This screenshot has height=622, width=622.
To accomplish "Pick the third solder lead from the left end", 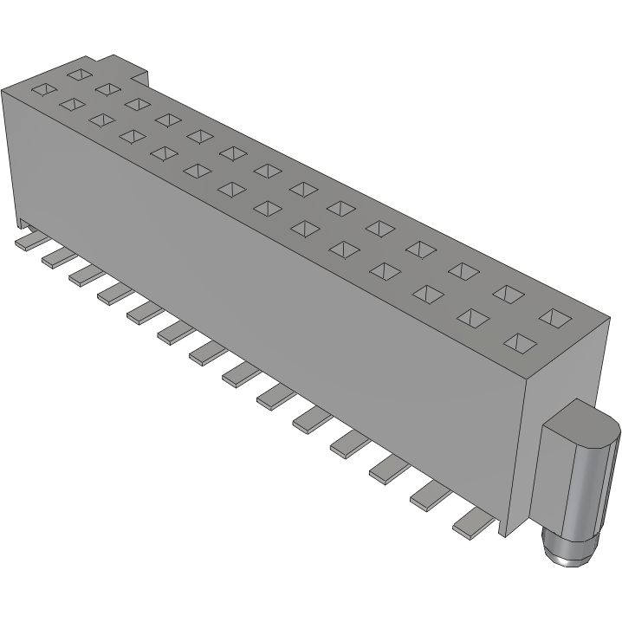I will (x=83, y=273).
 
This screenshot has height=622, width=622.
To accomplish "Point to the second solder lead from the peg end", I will (x=428, y=496).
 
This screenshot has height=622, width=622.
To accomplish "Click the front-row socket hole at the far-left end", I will (x=41, y=88).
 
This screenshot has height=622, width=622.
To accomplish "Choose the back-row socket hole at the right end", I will (x=554, y=317).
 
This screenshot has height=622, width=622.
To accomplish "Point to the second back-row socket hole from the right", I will (x=509, y=294).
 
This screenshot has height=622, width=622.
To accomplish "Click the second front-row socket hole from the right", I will (x=473, y=317).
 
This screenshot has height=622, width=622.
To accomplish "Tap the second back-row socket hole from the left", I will (x=108, y=88).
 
